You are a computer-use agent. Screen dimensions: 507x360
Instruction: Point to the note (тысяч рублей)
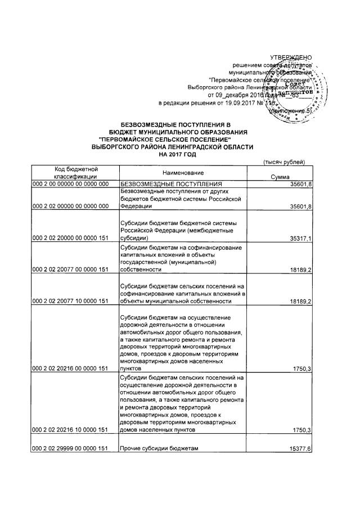pyautogui.click(x=285, y=163)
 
